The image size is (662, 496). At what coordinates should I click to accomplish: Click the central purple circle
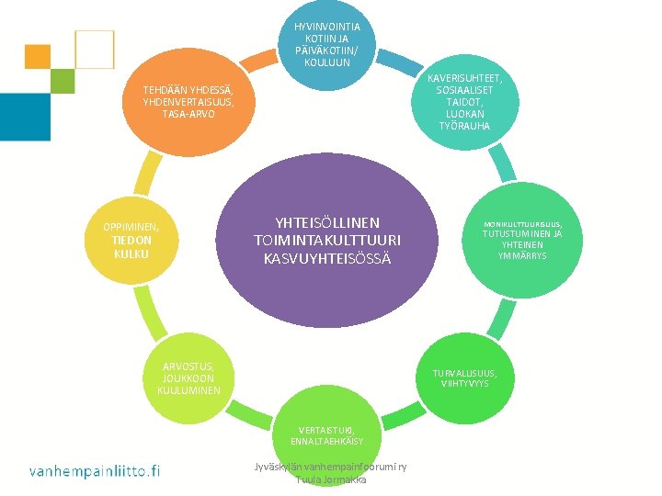328,241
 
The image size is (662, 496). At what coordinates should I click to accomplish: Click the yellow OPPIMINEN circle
131,240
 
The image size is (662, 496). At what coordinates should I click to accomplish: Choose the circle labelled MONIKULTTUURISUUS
522,240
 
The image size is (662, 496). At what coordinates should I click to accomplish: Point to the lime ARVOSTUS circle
188,378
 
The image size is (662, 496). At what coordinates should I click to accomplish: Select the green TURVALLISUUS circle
467,378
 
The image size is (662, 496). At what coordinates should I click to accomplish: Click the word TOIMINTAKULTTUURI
327,240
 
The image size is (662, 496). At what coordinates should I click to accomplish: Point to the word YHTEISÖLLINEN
327,222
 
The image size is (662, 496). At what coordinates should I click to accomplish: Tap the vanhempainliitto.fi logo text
94,471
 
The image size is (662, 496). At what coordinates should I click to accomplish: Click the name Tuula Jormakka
331,479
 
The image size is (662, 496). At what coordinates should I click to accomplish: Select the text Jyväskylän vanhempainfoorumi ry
331,467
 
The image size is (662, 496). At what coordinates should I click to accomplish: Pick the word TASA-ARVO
188,114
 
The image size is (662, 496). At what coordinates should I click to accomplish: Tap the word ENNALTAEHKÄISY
327,442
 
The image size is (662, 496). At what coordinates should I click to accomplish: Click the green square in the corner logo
63,81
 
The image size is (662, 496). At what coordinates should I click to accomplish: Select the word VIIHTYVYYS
466,384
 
